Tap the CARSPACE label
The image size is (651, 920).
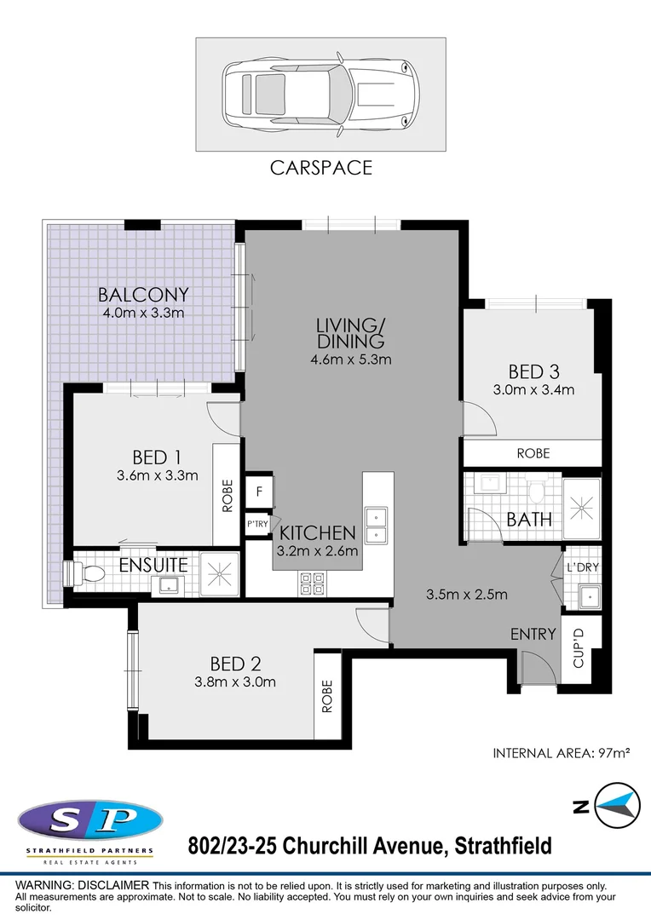point(321,167)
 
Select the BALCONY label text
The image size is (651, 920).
point(143,295)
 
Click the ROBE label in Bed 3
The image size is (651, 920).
point(533,454)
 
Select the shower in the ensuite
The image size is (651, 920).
point(218,575)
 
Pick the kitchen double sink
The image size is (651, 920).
point(375,526)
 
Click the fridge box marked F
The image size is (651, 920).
point(258,492)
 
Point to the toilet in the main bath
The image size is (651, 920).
point(536,493)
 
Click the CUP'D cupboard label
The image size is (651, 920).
point(579,647)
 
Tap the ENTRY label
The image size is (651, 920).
point(533,634)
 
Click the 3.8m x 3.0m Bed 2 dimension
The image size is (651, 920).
point(233,681)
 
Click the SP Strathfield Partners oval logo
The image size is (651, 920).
point(89,820)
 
